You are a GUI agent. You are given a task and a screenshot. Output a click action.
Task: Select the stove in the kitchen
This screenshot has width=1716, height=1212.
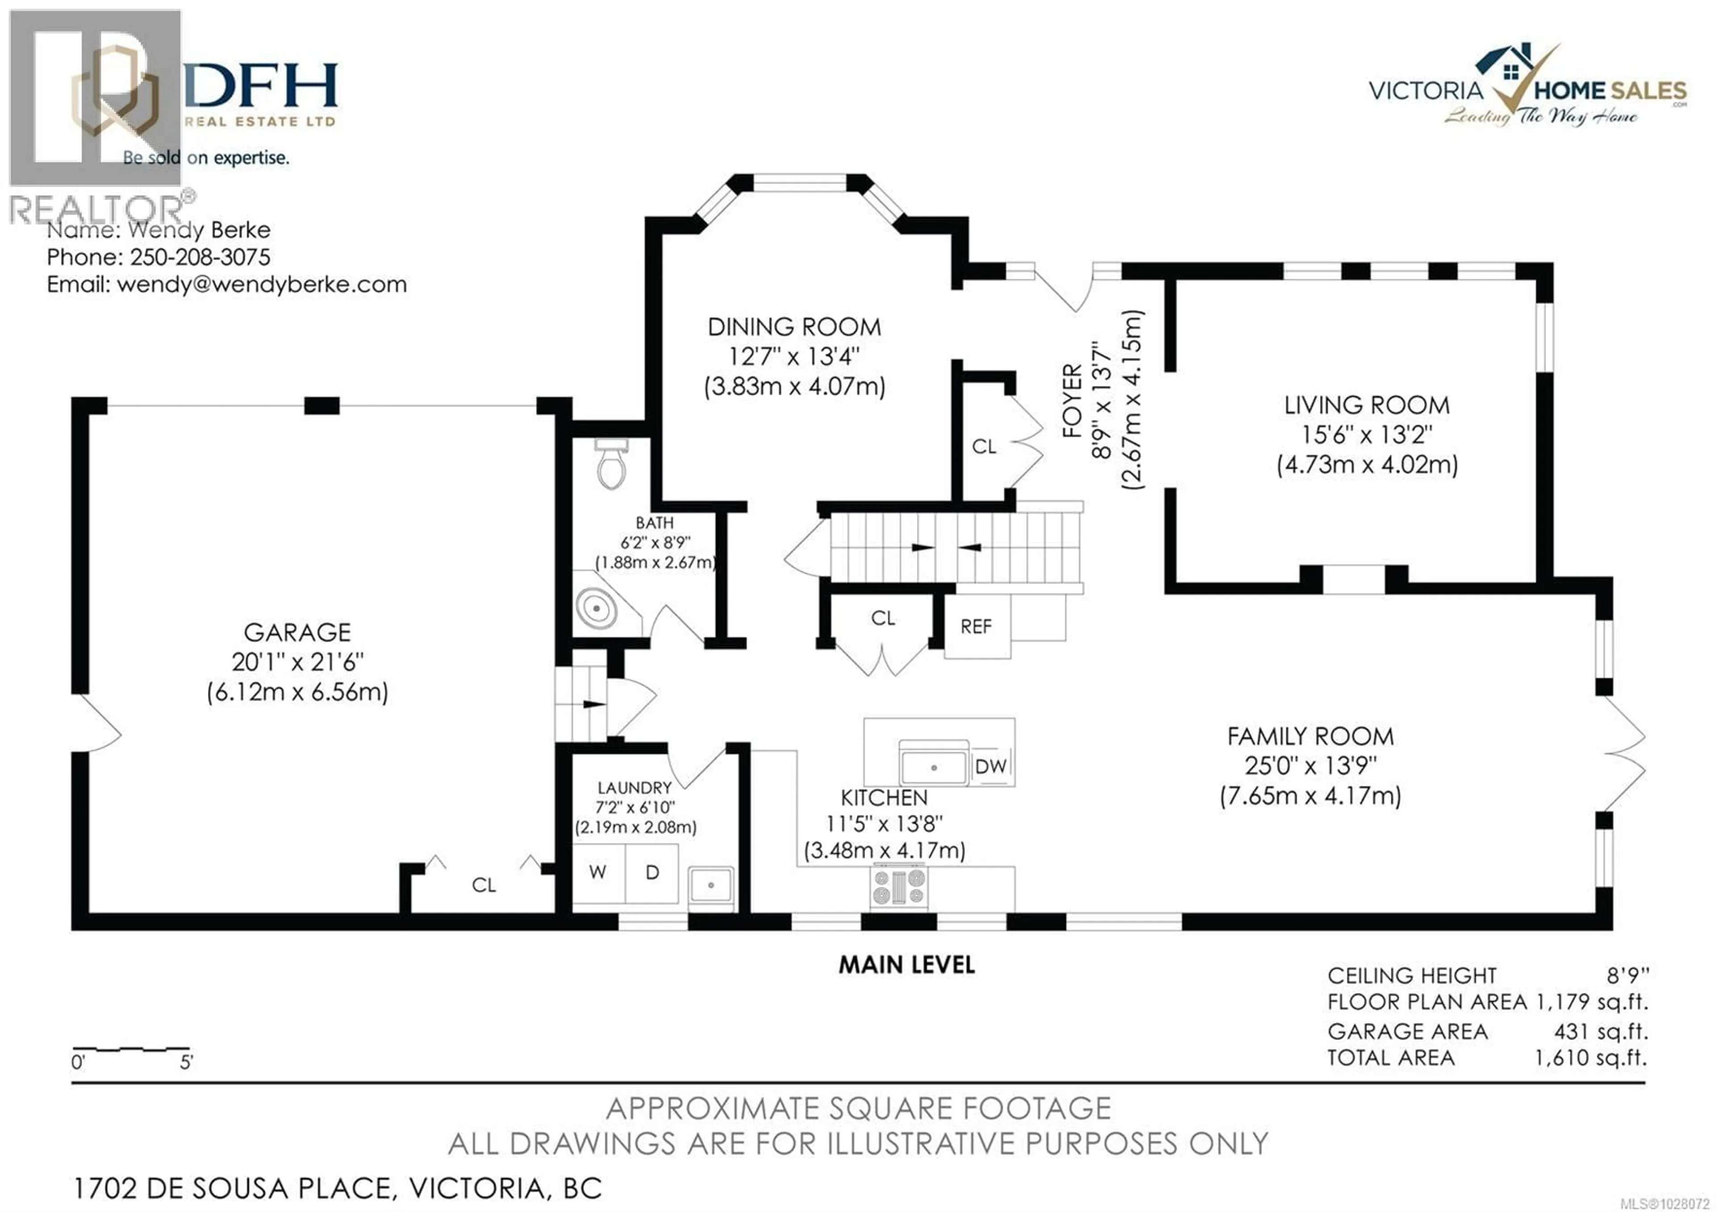click(x=899, y=888)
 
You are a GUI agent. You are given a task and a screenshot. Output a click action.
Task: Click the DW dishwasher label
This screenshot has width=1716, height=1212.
click(x=991, y=766)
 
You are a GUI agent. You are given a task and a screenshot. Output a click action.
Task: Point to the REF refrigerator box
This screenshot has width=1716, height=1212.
click(x=976, y=626)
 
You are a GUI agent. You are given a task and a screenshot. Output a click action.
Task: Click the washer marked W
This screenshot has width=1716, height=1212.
click(x=598, y=872)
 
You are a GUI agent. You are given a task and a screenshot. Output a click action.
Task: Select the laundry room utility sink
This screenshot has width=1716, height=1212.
click(x=711, y=885)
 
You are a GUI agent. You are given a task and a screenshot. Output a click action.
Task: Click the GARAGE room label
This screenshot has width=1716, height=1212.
click(x=298, y=633)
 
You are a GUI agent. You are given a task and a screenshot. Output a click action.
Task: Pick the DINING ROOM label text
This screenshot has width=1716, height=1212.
click(x=795, y=327)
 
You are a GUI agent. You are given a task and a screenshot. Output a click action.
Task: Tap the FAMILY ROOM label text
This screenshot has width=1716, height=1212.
click(x=1310, y=737)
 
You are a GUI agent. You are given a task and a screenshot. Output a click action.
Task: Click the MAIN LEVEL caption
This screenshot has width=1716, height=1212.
click(x=907, y=965)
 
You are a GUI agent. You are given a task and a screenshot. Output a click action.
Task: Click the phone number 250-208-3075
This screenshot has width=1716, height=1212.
click(x=200, y=257)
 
